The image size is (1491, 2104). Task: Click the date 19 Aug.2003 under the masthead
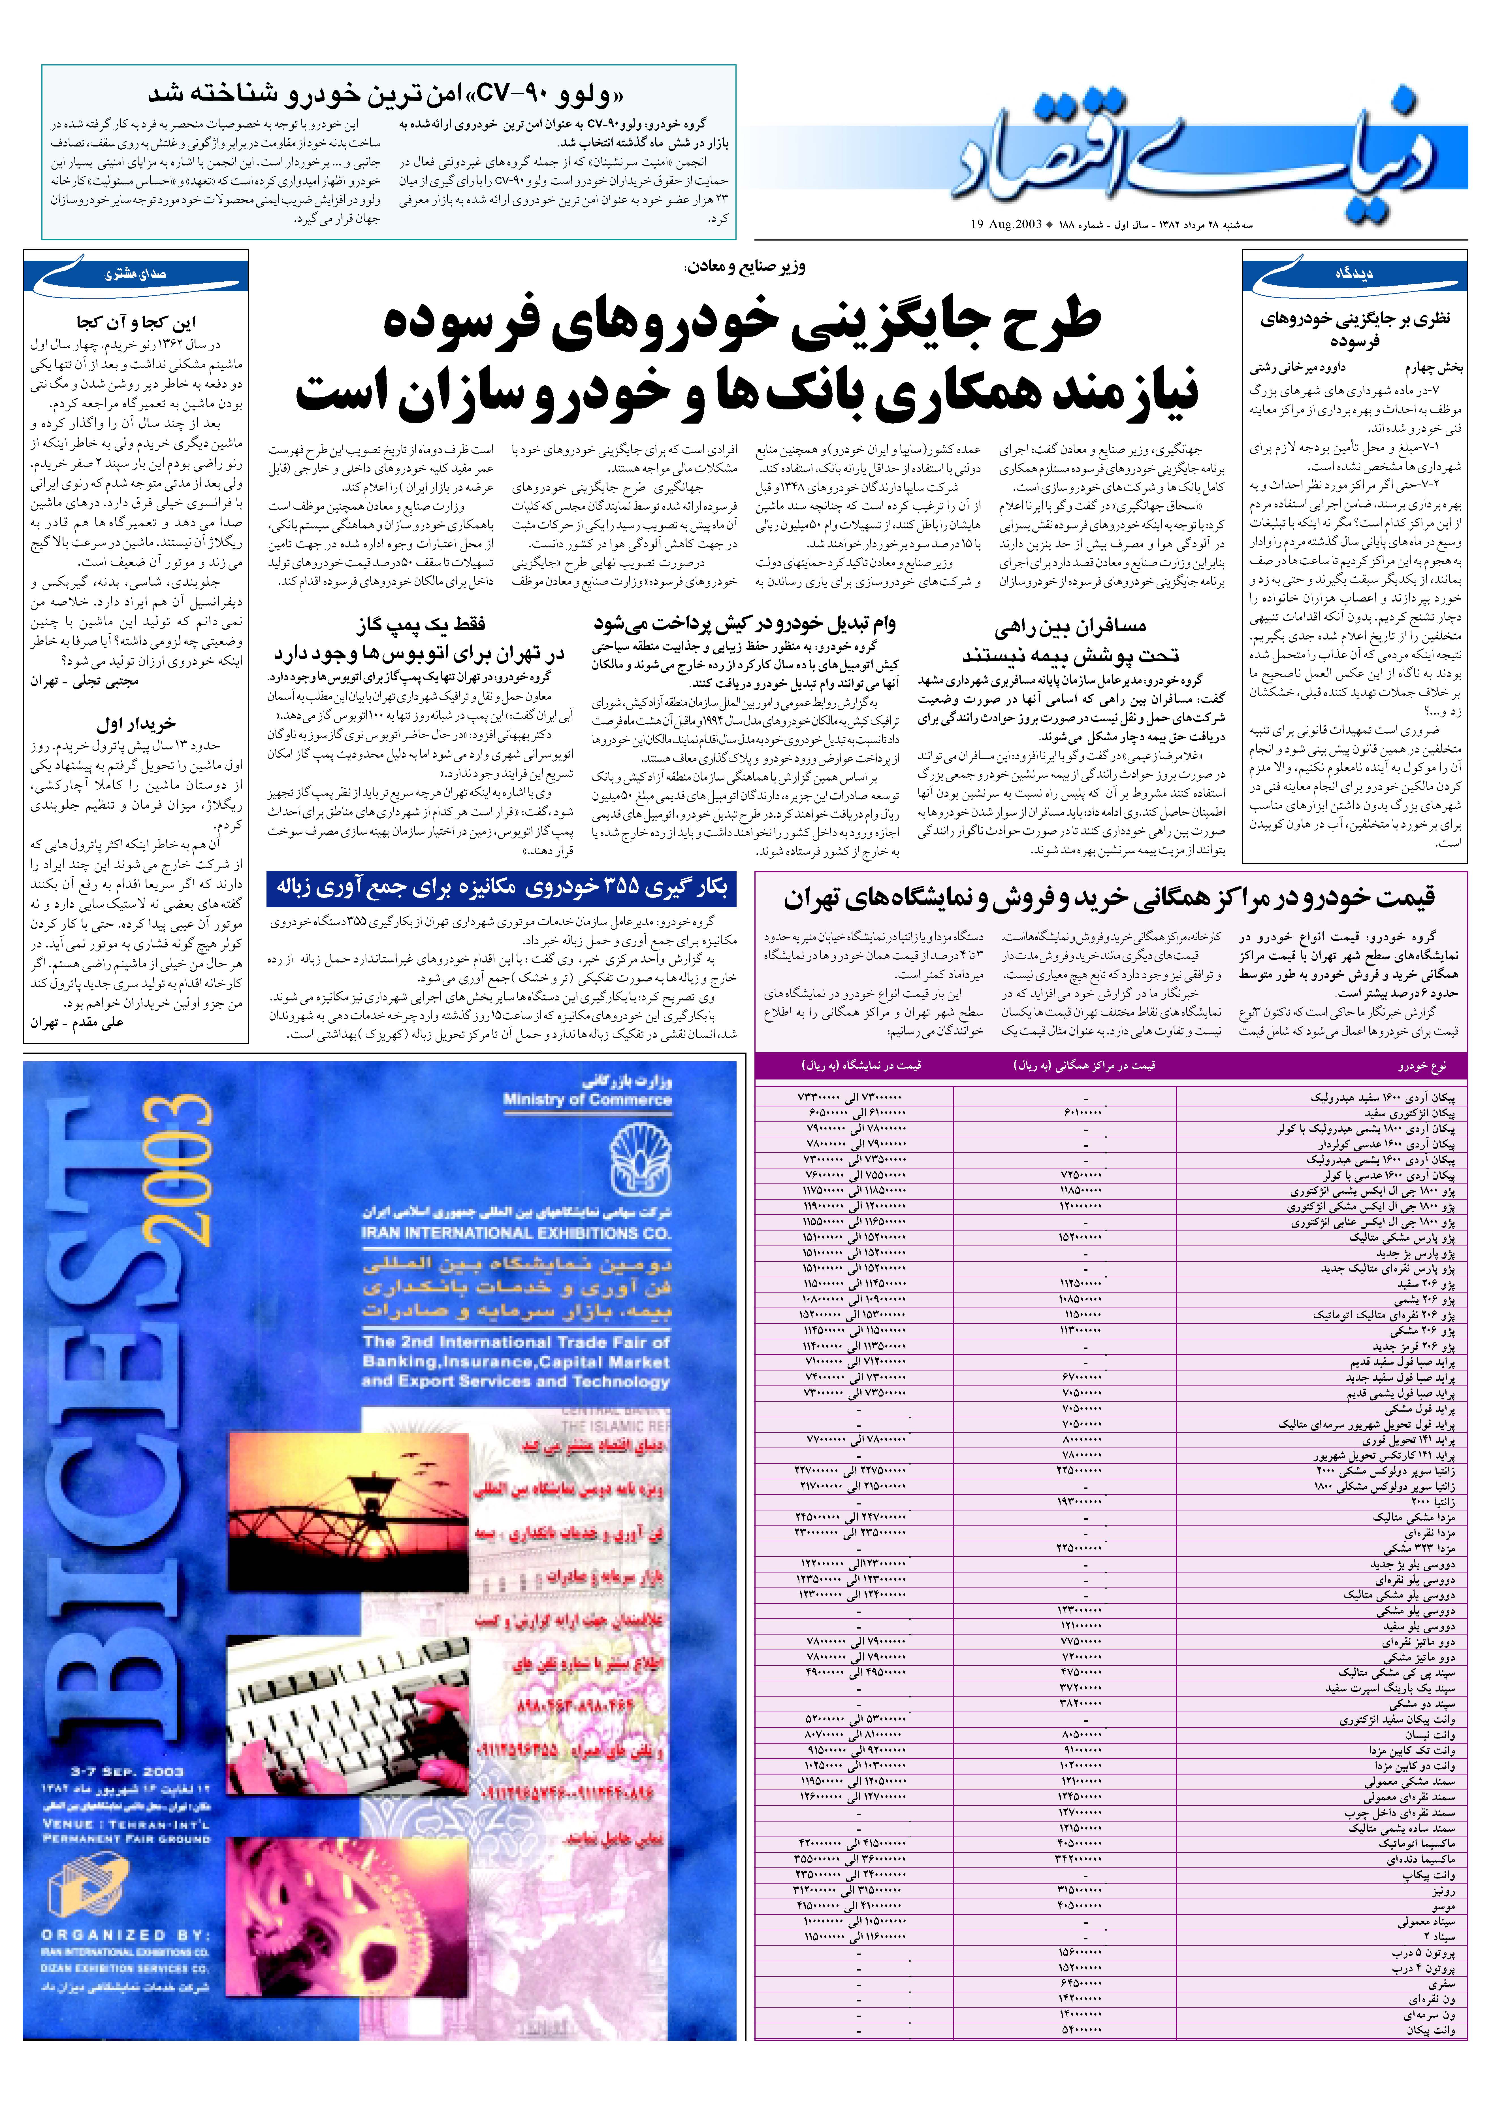[x=1005, y=223]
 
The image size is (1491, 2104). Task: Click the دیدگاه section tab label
[x=1354, y=274]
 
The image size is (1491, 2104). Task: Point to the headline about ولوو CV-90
[x=386, y=94]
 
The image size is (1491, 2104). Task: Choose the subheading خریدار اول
[x=136, y=724]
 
